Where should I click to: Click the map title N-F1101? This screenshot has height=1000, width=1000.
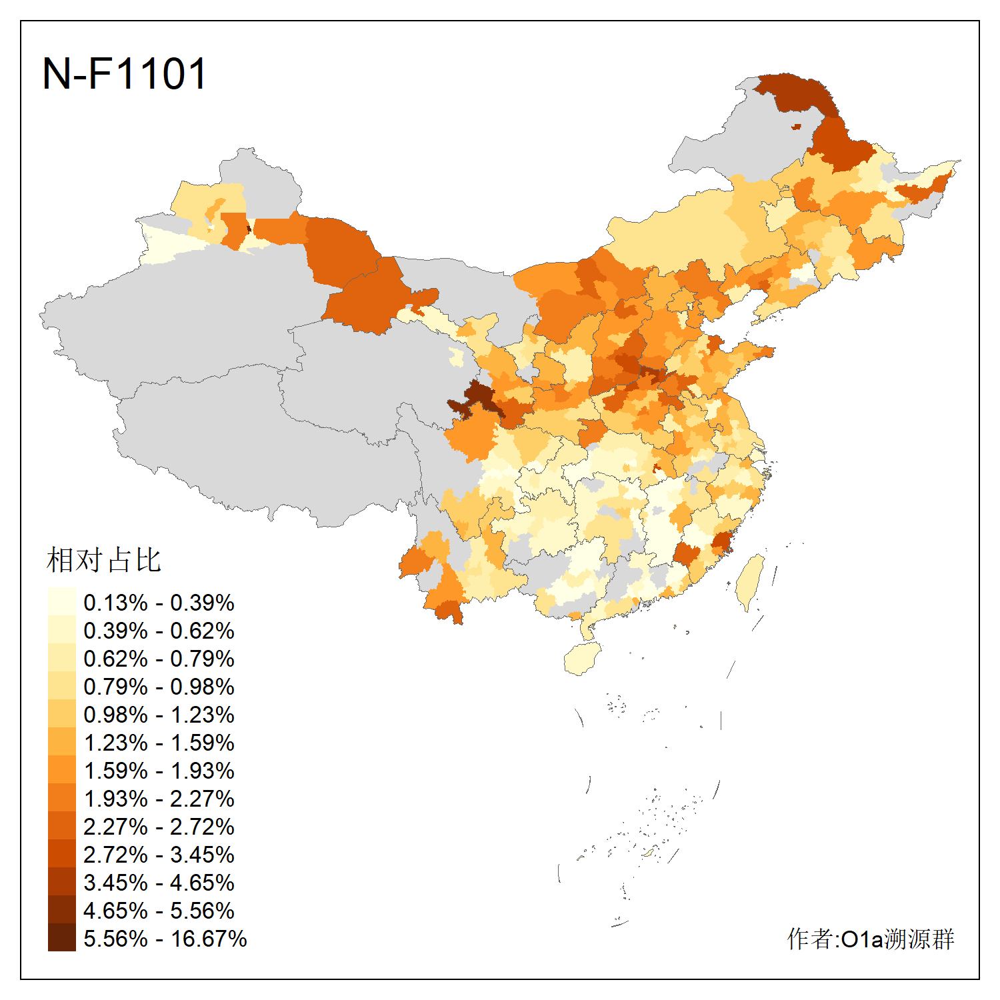(x=125, y=73)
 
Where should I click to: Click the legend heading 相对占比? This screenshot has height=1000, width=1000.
(x=104, y=560)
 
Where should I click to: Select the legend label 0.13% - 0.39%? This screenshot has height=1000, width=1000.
(x=159, y=603)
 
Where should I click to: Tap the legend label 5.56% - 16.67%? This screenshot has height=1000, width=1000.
(x=165, y=939)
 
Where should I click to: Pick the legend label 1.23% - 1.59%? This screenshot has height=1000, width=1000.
(x=159, y=743)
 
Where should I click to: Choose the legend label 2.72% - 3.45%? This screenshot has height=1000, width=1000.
(x=159, y=855)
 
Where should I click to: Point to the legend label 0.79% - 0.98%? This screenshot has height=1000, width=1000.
(x=159, y=687)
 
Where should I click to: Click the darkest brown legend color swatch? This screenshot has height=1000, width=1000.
(x=61, y=937)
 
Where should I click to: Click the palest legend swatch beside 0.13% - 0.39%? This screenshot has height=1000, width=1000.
(x=61, y=601)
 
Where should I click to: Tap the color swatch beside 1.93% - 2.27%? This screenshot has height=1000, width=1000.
(x=61, y=797)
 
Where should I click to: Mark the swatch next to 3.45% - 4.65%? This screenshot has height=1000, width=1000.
(x=61, y=881)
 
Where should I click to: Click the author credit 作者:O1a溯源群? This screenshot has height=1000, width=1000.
(x=871, y=939)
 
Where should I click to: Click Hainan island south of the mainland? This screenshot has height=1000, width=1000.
(x=582, y=659)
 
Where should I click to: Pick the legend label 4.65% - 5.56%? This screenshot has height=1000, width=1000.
(x=159, y=911)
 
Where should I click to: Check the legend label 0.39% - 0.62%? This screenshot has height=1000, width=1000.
(x=159, y=631)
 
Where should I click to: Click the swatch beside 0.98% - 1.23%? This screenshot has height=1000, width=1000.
(x=61, y=713)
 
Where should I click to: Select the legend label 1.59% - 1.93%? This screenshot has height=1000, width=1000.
(x=159, y=771)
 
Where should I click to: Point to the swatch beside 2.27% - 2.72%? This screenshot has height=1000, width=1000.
(x=61, y=825)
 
